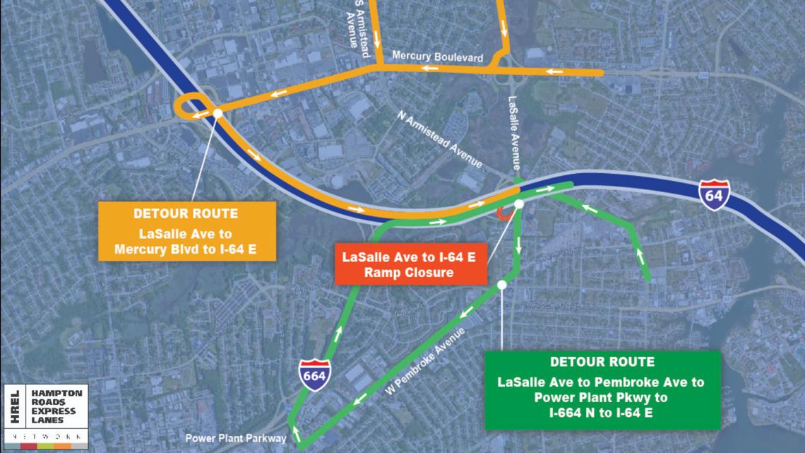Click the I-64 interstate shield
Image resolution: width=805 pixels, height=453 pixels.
715,194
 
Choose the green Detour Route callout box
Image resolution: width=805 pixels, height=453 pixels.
602,390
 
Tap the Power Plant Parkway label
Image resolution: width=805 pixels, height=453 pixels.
236,438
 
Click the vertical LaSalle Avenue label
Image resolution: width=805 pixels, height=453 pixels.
513,134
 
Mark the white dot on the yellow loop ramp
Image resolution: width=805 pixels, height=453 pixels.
217,112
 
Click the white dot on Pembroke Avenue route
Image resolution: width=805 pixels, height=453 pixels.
501,285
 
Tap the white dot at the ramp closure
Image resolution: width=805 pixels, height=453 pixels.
518,204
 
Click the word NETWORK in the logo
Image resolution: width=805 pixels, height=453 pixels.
56,438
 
